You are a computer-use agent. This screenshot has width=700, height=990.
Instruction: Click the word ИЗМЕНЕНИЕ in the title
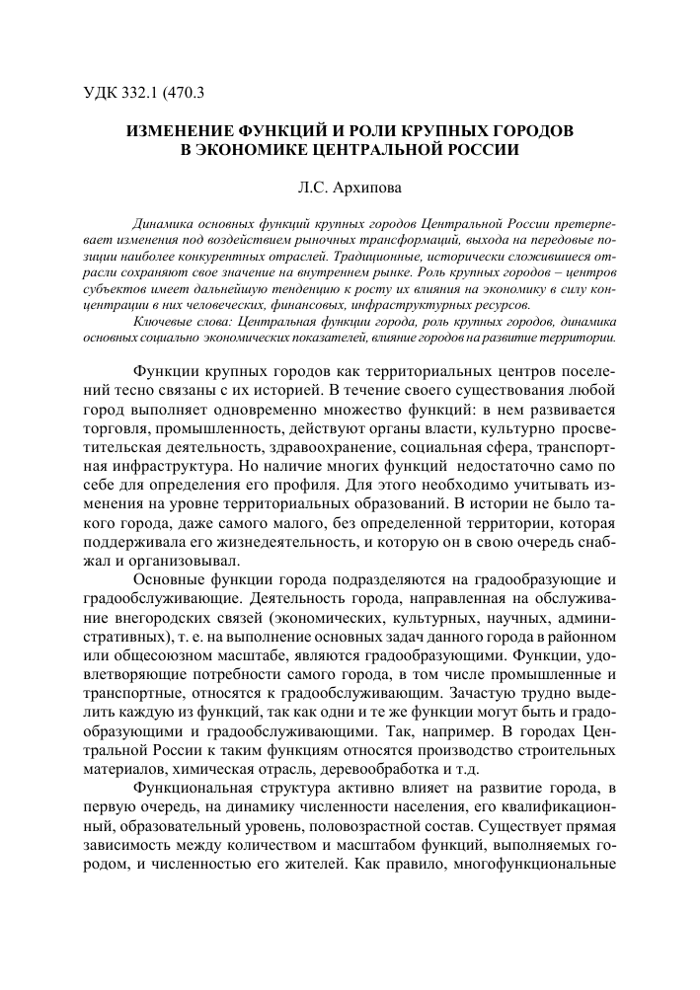point(173,130)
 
